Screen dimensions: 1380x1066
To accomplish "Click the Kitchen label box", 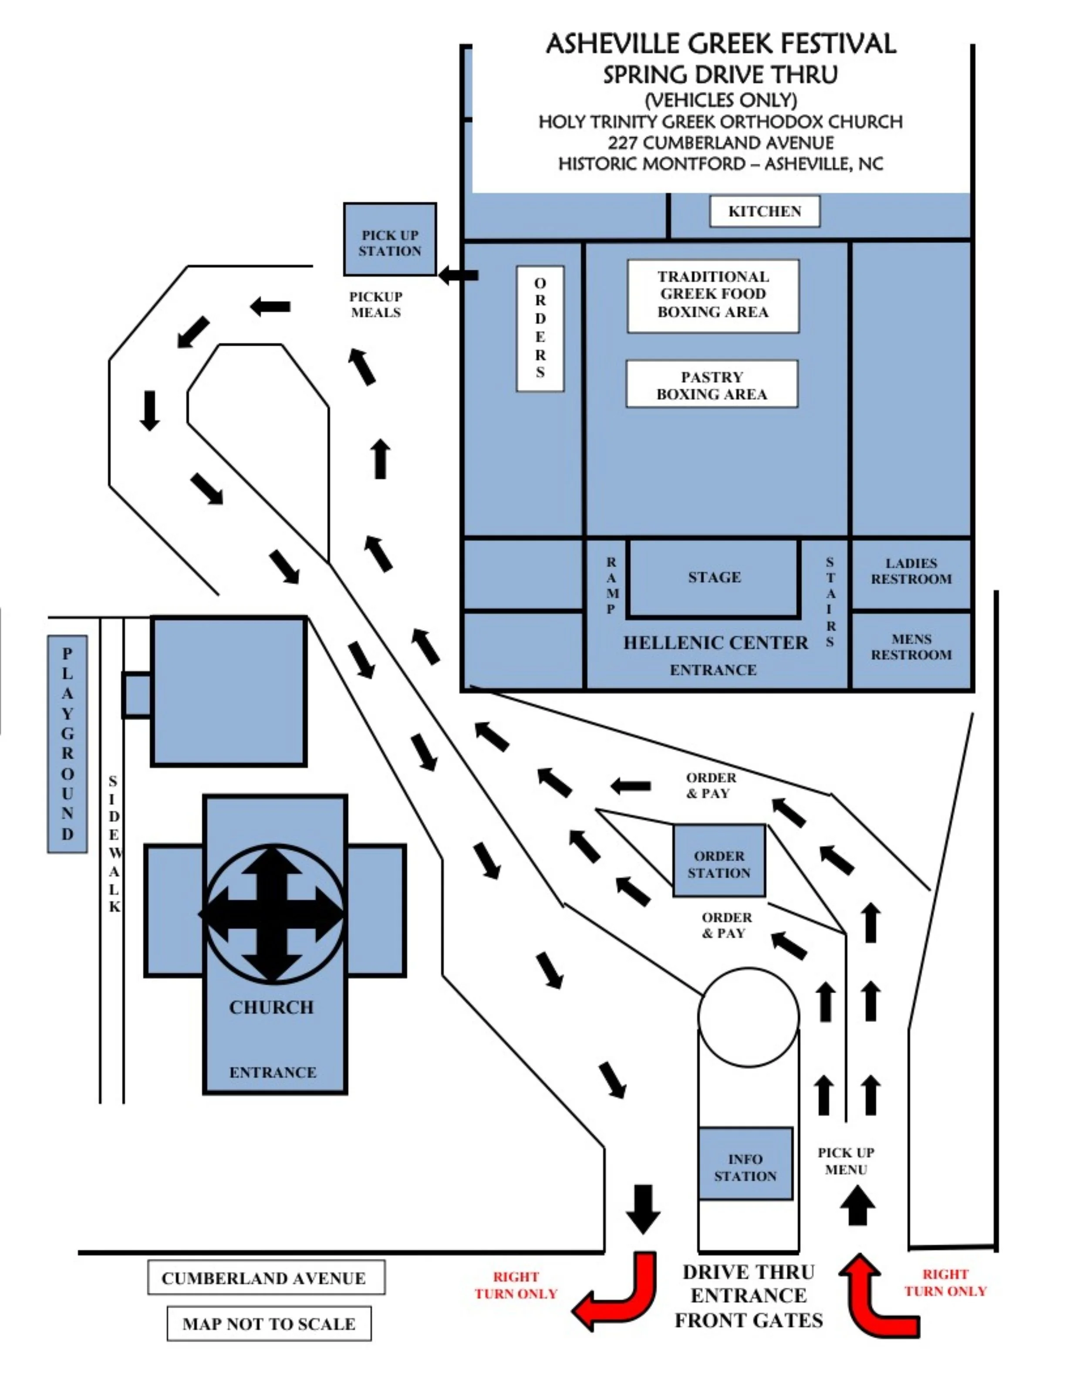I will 764,211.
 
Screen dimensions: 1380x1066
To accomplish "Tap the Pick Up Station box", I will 390,240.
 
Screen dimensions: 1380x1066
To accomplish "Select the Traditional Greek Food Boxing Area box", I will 713,295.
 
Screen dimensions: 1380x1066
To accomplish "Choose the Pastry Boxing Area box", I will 712,384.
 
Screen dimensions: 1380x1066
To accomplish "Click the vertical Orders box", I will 540,328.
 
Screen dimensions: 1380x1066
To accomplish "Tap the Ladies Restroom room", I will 911,572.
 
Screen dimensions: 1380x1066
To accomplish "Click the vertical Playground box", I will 67,743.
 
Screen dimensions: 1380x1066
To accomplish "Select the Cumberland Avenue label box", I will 266,1278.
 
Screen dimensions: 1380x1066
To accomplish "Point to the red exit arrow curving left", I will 619,1295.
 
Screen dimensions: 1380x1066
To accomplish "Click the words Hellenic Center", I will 715,643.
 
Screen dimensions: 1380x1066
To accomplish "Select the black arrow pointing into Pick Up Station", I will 459,275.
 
